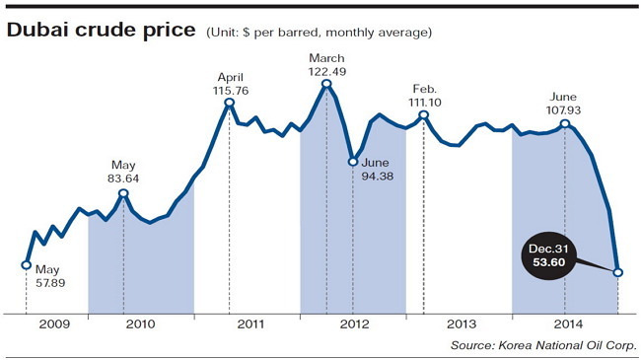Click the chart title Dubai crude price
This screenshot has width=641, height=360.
tap(101, 31)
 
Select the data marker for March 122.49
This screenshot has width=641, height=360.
tap(326, 84)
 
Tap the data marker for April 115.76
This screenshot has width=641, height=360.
tap(230, 102)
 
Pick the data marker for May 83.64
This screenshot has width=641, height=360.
tap(123, 193)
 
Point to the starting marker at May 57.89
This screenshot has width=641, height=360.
tap(27, 265)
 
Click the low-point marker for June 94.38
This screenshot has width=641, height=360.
tap(353, 162)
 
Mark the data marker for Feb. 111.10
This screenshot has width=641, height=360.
tap(424, 115)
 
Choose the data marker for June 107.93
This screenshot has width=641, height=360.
tap(565, 123)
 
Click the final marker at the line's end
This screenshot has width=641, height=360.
tap(618, 272)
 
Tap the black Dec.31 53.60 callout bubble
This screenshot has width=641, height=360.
tap(548, 255)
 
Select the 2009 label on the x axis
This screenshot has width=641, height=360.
tap(54, 324)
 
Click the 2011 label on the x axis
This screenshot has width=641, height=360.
tap(250, 324)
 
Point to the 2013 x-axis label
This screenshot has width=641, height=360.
tap(462, 324)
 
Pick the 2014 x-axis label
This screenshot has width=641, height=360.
tap(568, 324)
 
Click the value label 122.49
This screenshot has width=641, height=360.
tap(327, 72)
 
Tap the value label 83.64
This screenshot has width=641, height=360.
tap(123, 179)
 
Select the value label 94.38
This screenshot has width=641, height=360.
tap(378, 177)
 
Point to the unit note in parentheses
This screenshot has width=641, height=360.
tap(319, 33)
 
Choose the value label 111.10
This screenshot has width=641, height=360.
tap(425, 103)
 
